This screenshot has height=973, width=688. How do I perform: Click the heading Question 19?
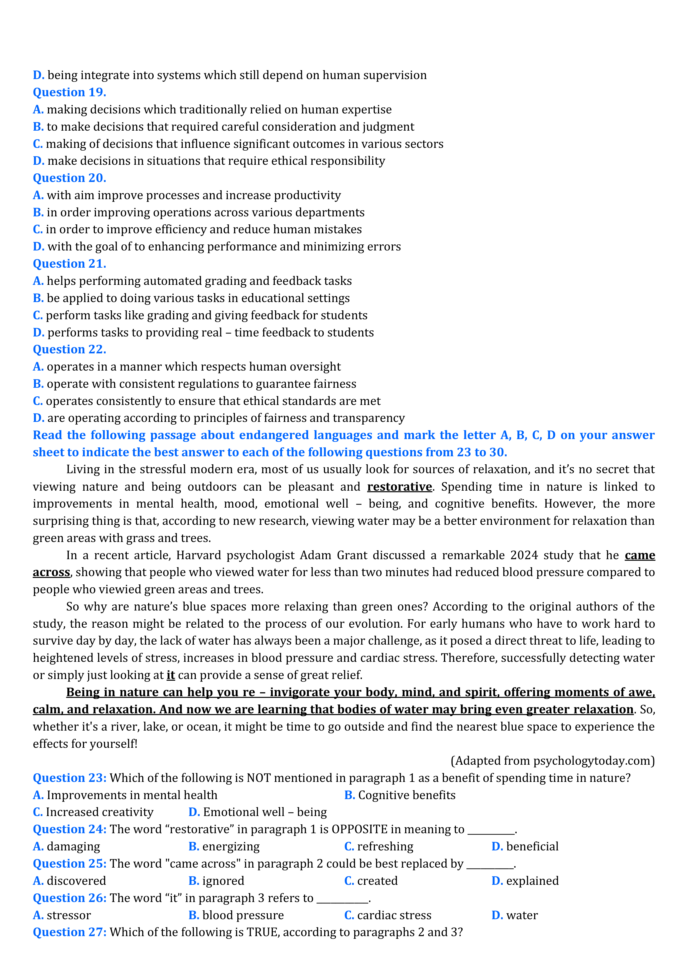point(70,92)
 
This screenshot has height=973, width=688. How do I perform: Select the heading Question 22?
point(70,349)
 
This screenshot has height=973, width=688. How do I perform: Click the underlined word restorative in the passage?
point(399,486)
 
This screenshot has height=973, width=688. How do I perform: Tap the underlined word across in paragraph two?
point(51,572)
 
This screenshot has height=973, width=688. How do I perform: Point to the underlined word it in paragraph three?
point(171,675)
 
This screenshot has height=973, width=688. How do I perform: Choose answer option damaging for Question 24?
point(73,847)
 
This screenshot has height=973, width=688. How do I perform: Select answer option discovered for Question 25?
point(76,881)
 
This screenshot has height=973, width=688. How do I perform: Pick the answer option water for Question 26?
point(522,915)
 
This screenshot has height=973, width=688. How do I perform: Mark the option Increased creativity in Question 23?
point(99,812)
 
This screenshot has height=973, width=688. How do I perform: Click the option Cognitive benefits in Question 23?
point(406,795)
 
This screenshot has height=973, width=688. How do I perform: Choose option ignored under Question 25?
point(223,881)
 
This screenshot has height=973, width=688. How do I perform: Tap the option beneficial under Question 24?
point(532,847)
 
